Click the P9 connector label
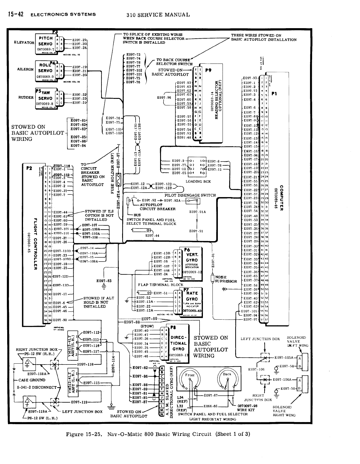tap(208, 71)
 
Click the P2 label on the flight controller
tap(29, 168)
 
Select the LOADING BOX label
tap(198, 182)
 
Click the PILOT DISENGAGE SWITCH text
tap(190, 195)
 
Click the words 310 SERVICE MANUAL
tap(158, 14)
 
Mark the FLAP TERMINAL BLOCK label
tap(161, 285)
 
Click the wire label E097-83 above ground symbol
tap(104, 281)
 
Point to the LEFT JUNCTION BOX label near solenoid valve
tap(260, 339)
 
